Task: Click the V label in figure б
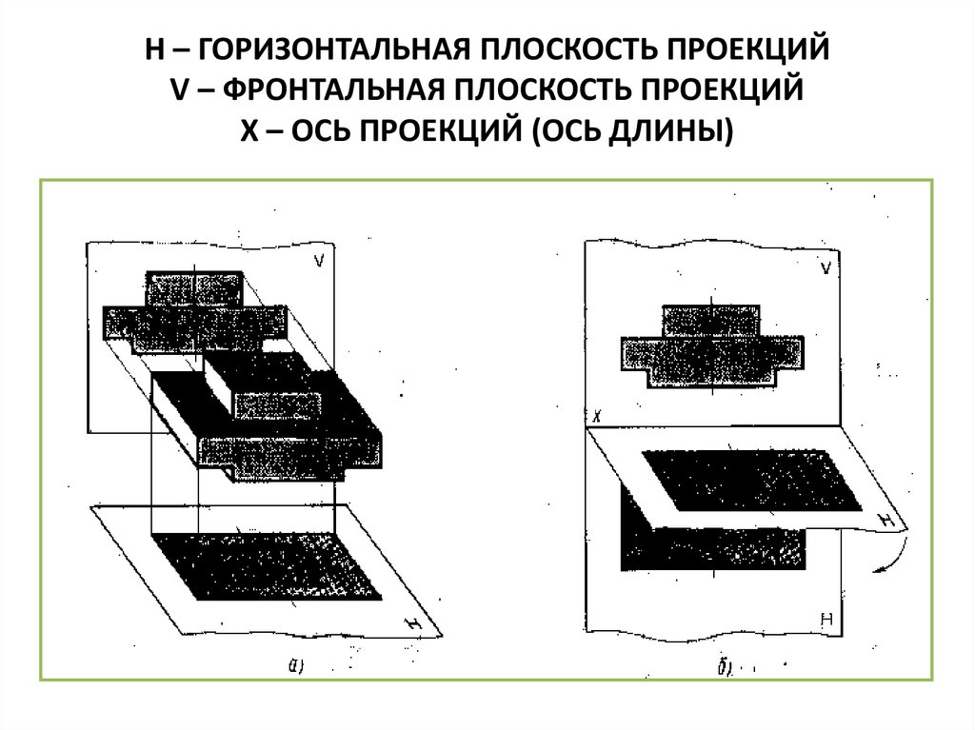click(826, 269)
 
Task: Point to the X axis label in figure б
click(595, 416)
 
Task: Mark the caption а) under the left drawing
click(296, 667)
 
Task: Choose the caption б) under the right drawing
click(726, 668)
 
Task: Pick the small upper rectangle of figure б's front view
click(710, 320)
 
